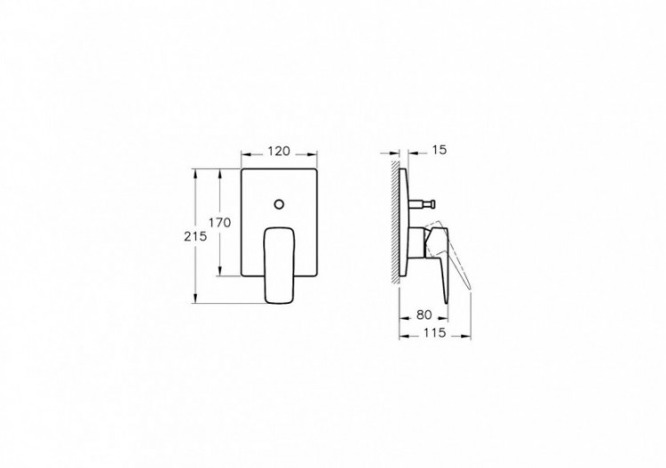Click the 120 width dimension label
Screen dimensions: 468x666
click(x=279, y=152)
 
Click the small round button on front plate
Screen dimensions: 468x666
click(x=280, y=205)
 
